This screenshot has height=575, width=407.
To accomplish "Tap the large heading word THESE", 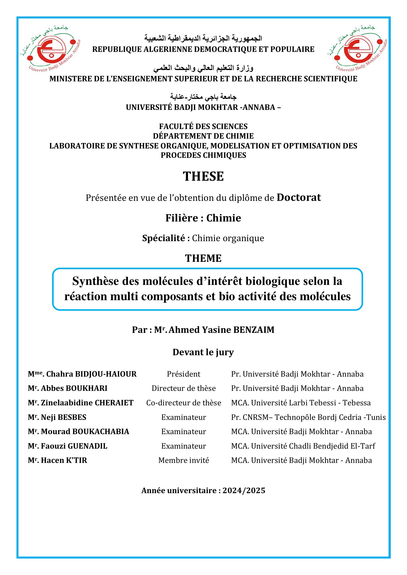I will (203, 176).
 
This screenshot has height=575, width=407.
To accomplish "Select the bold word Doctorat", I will (298, 198).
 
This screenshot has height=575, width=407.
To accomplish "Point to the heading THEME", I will (203, 258).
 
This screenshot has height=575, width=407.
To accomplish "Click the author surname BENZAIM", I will (254, 330).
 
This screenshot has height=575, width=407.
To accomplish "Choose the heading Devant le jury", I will (203, 352).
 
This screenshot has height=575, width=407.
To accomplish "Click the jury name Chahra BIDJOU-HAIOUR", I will (91, 374).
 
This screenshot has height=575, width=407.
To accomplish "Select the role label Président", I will (184, 374).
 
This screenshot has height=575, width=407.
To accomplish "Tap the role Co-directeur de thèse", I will (184, 403).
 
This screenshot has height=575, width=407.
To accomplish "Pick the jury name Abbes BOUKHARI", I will (74, 388).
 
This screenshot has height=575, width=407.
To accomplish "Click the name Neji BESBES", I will (63, 417).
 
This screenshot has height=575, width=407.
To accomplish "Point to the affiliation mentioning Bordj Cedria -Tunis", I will (308, 417).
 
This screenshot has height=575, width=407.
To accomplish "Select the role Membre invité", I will (184, 460).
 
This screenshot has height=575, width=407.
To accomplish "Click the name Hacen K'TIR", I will (64, 460).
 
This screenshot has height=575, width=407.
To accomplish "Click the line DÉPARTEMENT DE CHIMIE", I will (203, 136).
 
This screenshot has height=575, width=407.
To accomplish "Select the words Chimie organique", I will (228, 238).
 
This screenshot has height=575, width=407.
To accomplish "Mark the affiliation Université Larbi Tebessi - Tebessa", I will (301, 403).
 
